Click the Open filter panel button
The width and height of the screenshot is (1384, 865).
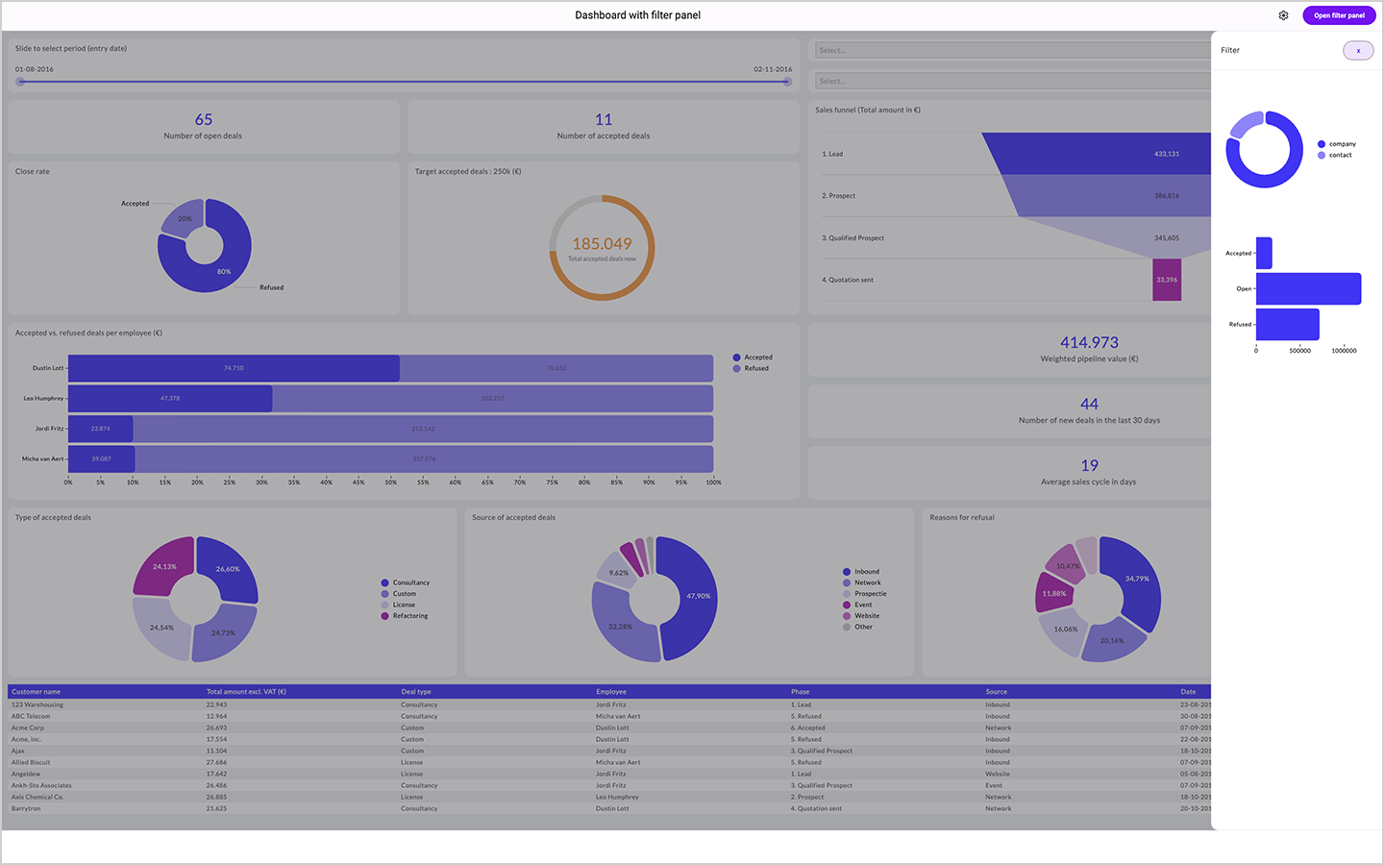[1339, 15]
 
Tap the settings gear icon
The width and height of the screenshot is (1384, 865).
[1283, 15]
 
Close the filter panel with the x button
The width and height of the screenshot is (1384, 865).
[1358, 51]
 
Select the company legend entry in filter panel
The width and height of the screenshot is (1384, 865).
[1342, 144]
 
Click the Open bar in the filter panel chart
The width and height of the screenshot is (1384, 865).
[1308, 288]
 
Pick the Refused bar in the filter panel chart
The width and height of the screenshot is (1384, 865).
[1287, 324]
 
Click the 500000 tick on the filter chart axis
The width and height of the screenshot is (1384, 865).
[1299, 351]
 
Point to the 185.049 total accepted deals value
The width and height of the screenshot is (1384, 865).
[602, 244]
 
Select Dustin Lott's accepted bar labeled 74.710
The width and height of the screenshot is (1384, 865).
[234, 368]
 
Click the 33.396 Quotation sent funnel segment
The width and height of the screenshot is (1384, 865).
[1166, 280]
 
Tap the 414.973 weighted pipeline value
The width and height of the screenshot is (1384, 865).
[1089, 342]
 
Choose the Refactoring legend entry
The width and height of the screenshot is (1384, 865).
[409, 616]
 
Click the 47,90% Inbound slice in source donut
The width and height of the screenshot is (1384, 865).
[694, 596]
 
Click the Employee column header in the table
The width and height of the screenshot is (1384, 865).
[611, 692]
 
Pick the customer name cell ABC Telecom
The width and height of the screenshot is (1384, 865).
[31, 716]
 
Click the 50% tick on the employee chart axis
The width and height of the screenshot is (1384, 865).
[391, 482]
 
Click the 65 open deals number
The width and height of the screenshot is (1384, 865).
[204, 119]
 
